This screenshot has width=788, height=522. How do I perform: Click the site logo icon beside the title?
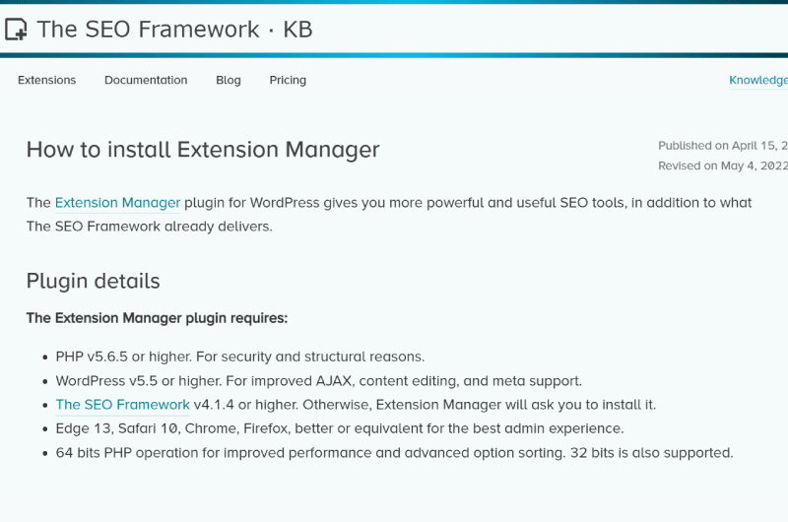point(16,30)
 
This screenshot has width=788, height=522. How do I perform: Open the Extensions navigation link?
point(46,81)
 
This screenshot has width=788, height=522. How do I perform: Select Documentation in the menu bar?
point(146,81)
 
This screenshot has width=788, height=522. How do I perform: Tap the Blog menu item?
point(229,81)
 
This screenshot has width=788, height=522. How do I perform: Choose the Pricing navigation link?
point(288,81)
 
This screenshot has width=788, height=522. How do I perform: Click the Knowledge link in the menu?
point(758,81)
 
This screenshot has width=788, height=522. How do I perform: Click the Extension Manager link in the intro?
point(117,203)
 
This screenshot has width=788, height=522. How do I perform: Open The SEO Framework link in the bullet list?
point(122,405)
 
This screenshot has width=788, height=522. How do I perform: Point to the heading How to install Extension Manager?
point(203,150)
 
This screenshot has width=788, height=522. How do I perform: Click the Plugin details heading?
point(93,282)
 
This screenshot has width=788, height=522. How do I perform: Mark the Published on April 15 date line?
point(723,146)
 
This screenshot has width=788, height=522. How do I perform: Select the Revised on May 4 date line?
point(723,165)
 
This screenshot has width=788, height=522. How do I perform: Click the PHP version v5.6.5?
point(107,357)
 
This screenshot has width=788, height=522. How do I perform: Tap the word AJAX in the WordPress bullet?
point(334,381)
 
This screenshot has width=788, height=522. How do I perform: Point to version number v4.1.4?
point(214,405)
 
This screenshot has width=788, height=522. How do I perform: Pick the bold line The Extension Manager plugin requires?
point(157,318)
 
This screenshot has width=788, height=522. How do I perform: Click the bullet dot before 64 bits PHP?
point(45,453)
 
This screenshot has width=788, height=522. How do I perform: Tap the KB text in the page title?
point(297,30)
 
